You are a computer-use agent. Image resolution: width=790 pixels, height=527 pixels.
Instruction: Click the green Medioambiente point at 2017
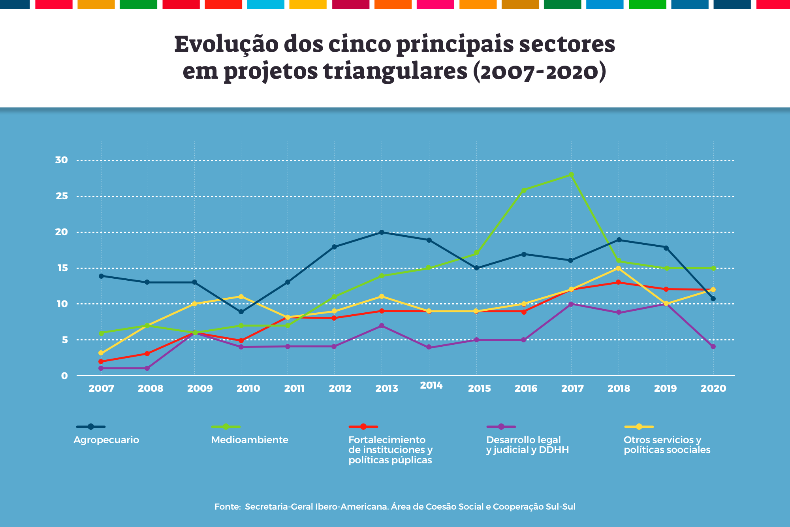click(571, 175)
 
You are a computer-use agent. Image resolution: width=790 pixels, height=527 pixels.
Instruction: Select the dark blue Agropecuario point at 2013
click(382, 232)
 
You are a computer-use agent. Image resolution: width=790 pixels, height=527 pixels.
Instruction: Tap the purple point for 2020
click(713, 347)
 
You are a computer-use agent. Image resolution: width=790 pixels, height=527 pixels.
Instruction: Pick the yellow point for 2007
click(101, 353)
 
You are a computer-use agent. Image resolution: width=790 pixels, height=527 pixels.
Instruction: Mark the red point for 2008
click(147, 354)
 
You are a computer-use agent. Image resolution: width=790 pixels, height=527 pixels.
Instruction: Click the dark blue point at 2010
click(241, 312)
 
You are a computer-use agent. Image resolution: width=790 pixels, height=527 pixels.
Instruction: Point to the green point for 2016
click(524, 190)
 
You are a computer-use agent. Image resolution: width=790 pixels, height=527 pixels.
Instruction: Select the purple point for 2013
click(382, 326)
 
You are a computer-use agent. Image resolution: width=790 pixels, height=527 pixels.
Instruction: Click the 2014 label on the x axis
click(431, 385)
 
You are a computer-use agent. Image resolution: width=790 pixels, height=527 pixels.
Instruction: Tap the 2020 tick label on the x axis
click(713, 389)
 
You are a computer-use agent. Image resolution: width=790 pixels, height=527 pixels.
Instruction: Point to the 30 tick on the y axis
click(62, 160)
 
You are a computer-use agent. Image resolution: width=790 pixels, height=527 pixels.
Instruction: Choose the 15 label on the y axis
click(62, 268)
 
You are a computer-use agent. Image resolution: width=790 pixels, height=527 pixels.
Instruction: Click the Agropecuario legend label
click(106, 440)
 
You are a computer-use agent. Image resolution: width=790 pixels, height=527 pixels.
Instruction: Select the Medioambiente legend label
click(250, 440)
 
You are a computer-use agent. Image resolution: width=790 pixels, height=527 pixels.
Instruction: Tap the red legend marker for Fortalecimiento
click(363, 427)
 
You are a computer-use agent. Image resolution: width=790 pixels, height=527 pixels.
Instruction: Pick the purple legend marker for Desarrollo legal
click(501, 427)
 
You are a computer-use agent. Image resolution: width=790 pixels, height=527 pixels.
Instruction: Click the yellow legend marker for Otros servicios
click(639, 427)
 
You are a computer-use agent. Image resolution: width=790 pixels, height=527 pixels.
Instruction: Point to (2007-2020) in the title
click(539, 72)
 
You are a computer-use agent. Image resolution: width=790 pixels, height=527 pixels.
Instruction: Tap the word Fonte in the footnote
click(228, 507)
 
